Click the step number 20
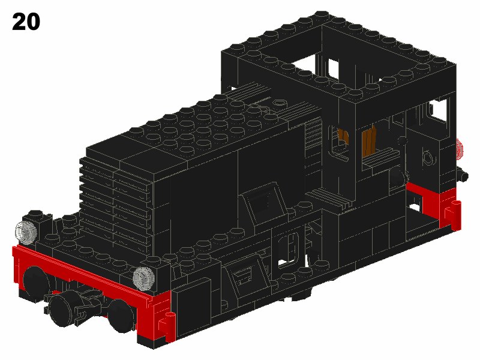click(26, 22)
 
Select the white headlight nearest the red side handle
click(143, 277)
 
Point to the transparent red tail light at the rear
click(460, 149)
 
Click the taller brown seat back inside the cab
click(369, 142)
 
